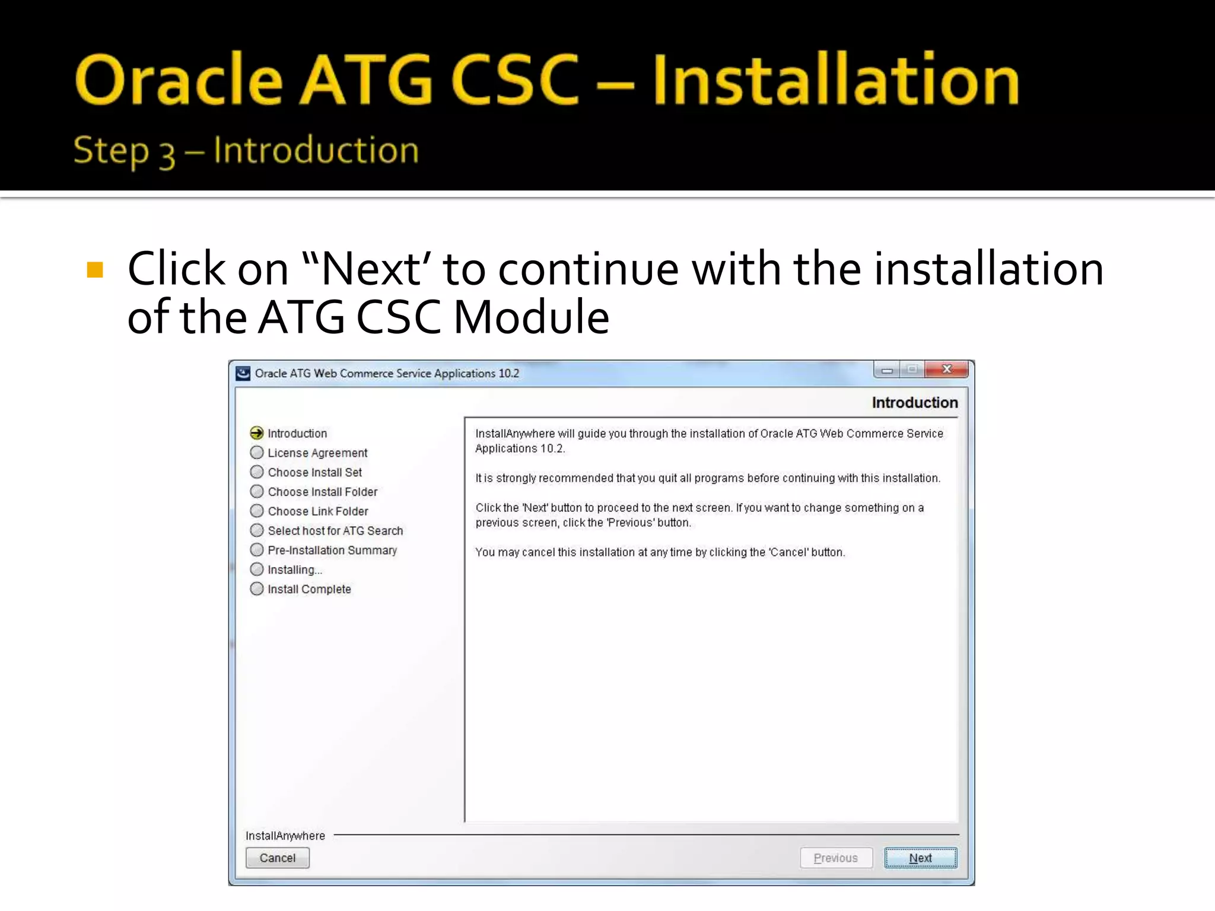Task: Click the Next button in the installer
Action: click(x=920, y=858)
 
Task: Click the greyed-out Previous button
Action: click(x=836, y=858)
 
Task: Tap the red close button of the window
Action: click(x=947, y=370)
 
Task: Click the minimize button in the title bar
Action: click(x=887, y=370)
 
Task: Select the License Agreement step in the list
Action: click(x=317, y=453)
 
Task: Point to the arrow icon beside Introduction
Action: click(x=257, y=433)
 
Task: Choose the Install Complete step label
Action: click(x=309, y=589)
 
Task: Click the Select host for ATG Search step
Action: click(x=335, y=531)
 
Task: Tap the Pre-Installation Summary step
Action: click(x=332, y=550)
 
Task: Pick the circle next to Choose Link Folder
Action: click(x=257, y=511)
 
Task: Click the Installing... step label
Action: click(x=295, y=570)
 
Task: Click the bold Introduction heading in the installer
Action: click(x=914, y=403)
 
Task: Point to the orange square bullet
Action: click(x=95, y=270)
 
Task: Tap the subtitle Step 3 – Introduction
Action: click(x=246, y=150)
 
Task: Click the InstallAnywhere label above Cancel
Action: click(x=285, y=836)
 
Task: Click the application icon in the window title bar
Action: click(x=243, y=373)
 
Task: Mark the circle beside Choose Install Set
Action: click(x=257, y=472)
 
